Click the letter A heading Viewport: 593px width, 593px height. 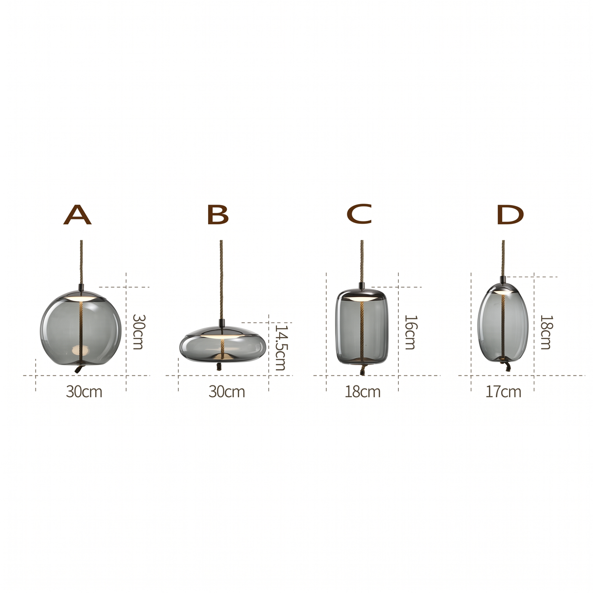(x=77, y=214)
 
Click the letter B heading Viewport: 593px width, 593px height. (x=218, y=214)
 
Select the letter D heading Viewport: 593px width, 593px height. (x=510, y=214)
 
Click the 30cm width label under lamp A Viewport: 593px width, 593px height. (x=84, y=392)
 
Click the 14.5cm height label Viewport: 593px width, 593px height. (x=280, y=347)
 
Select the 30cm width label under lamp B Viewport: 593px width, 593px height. (x=226, y=392)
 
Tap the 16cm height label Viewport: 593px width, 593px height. (x=410, y=332)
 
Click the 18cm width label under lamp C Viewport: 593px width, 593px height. (x=363, y=392)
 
